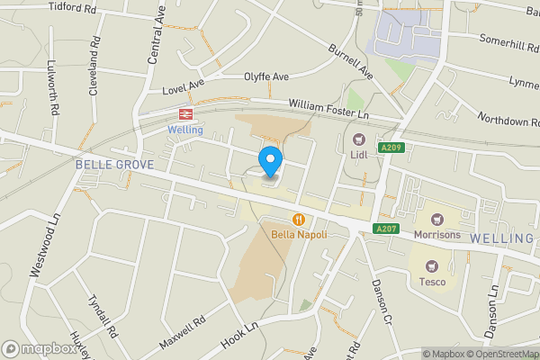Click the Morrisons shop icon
click(x=437, y=219)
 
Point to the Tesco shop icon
click(x=431, y=265)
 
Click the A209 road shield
click(x=391, y=148)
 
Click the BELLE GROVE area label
click(x=114, y=165)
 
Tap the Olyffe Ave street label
click(x=265, y=77)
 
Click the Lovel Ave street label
click(x=184, y=87)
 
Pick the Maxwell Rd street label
click(x=182, y=333)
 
